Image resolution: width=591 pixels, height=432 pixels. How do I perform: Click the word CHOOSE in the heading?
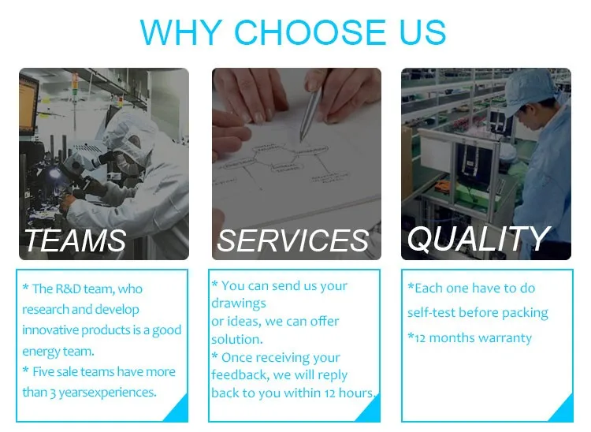[x=310, y=32]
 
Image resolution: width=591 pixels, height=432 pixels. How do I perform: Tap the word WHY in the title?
[x=181, y=32]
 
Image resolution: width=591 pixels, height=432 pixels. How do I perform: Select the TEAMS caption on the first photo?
[x=76, y=240]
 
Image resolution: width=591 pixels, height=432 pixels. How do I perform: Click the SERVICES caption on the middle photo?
[x=293, y=240]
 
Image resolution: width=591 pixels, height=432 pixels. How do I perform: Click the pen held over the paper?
[x=310, y=114]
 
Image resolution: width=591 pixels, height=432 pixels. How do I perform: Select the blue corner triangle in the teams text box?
[x=177, y=408]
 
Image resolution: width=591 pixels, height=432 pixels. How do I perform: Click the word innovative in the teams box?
[x=50, y=330]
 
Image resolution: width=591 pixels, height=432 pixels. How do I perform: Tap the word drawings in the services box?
[x=238, y=304]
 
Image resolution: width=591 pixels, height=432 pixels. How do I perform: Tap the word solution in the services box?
[x=236, y=339]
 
